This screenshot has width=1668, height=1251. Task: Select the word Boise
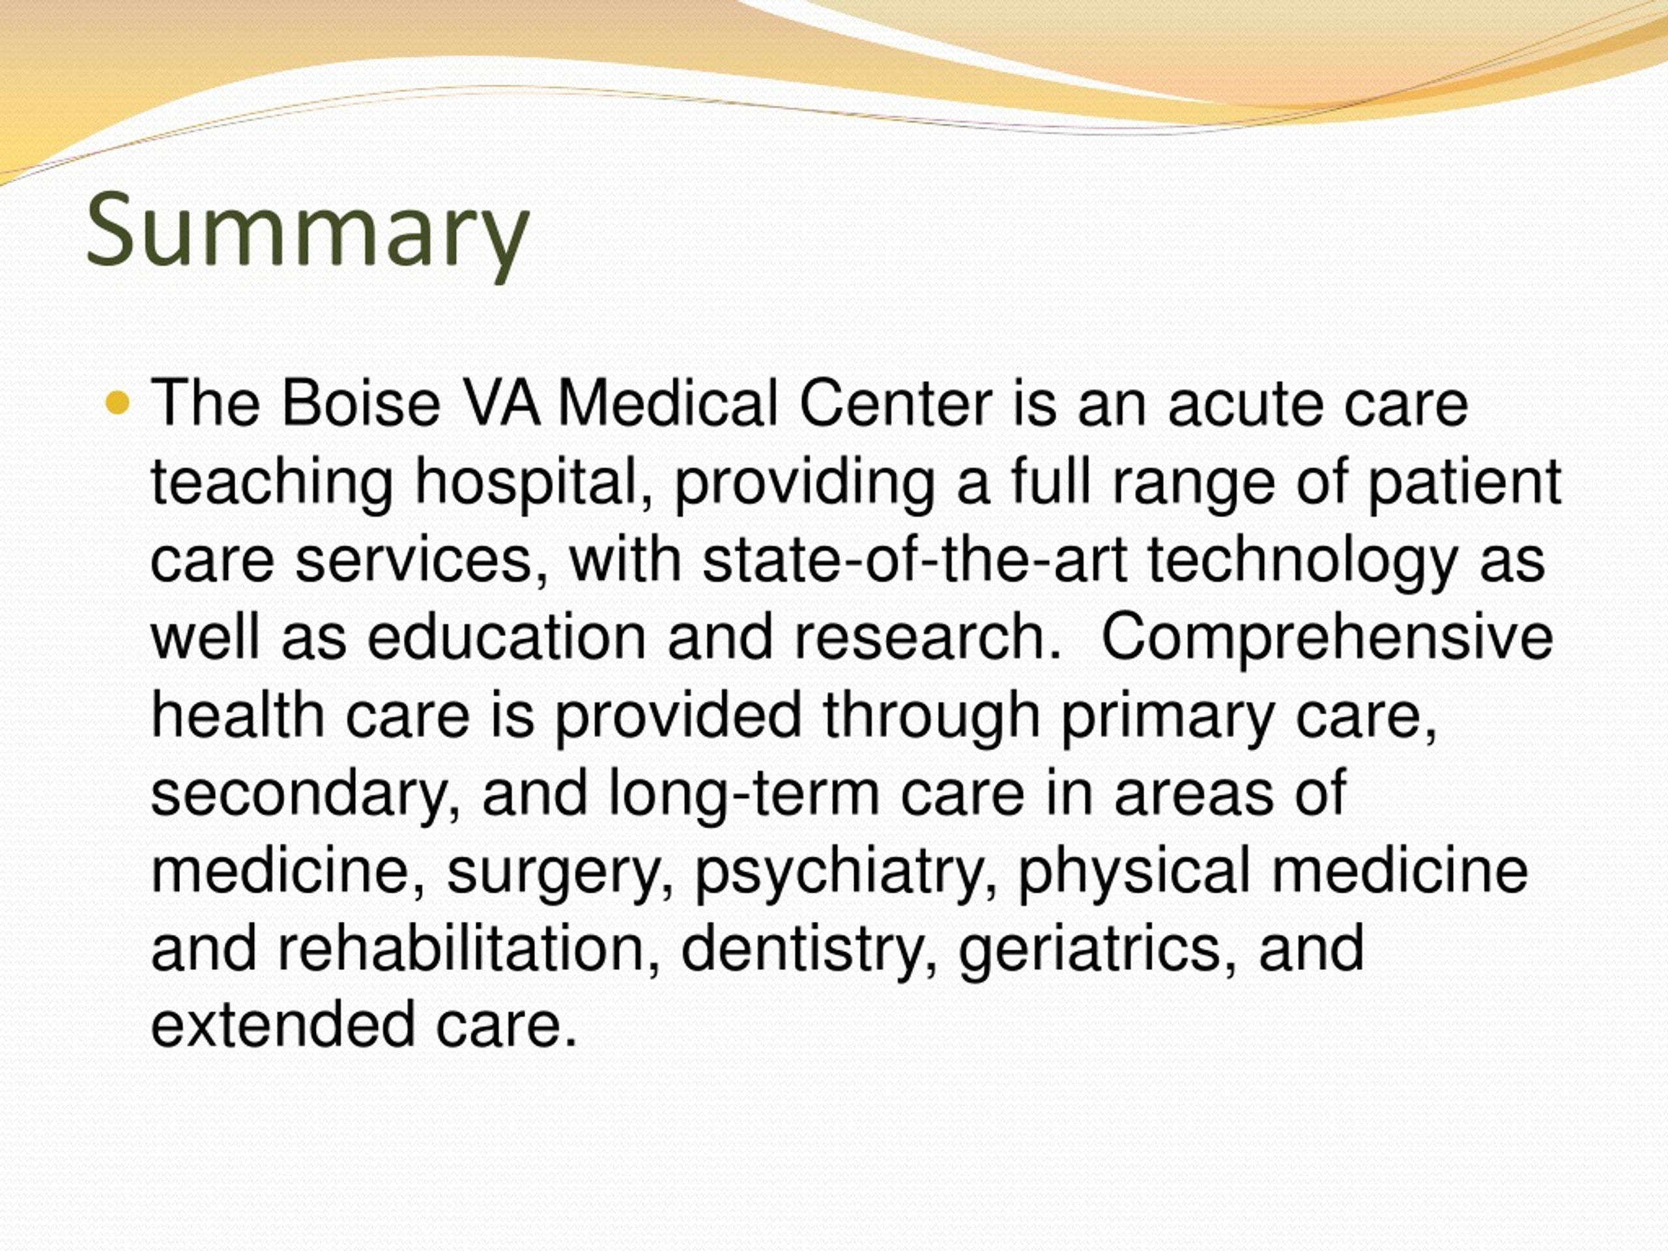[360, 403]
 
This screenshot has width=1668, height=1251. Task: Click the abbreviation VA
[500, 403]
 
